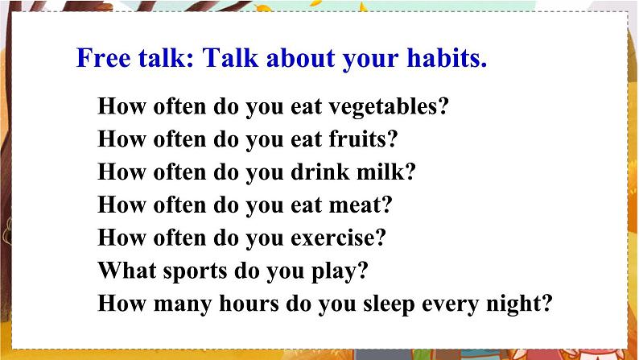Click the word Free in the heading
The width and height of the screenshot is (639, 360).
coord(104,57)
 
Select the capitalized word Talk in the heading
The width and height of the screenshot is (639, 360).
coord(230,57)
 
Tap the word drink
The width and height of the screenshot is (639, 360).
coord(320,172)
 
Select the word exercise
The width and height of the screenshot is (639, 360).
coord(332,238)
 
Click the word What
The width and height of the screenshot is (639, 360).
coord(127,271)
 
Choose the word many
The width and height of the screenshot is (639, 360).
coord(183,304)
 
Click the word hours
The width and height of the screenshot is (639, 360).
coord(249,304)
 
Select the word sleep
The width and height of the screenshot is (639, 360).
coord(389,304)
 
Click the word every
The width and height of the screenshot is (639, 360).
coord(451,304)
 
